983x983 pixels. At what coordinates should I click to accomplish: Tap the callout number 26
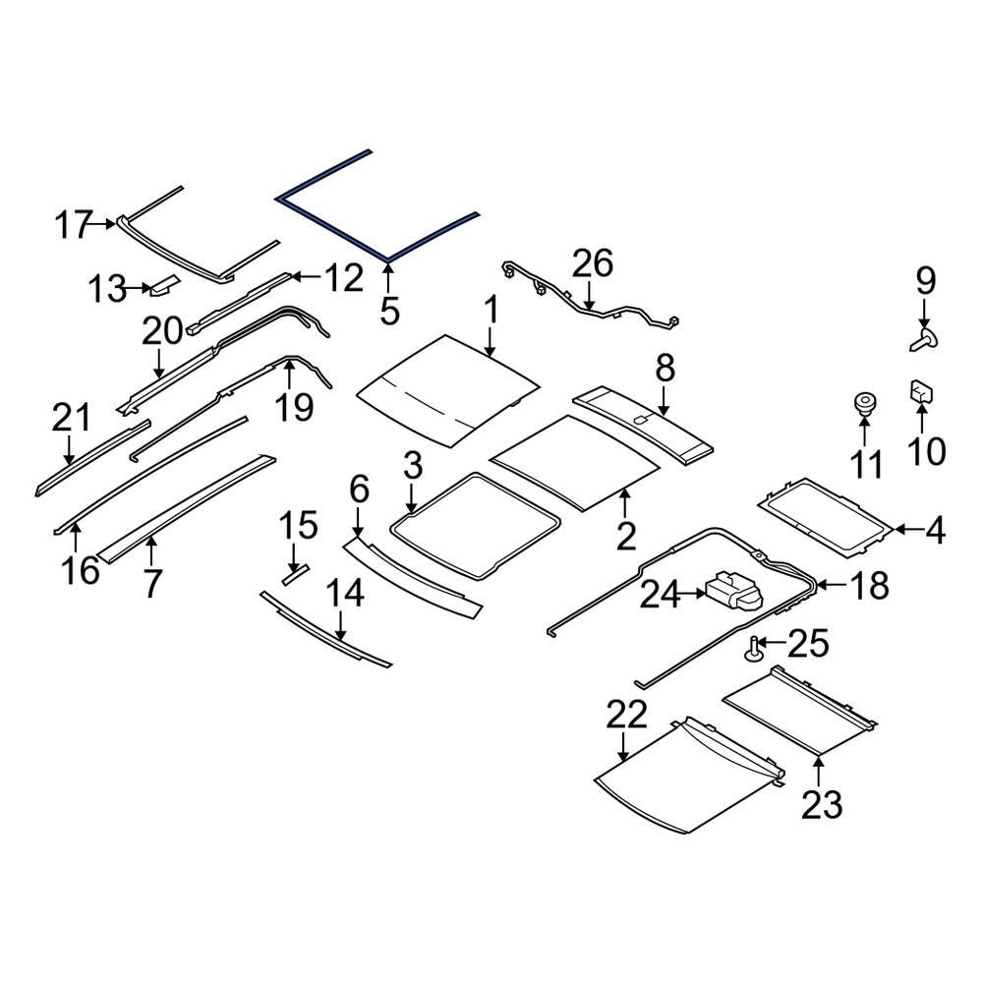pyautogui.click(x=593, y=263)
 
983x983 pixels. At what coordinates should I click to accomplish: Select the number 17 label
pyautogui.click(x=73, y=225)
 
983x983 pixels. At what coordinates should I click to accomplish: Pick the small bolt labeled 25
pyautogui.click(x=754, y=649)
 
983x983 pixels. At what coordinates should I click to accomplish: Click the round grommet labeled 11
pyautogui.click(x=864, y=404)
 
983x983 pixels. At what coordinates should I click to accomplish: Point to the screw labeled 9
pyautogui.click(x=923, y=341)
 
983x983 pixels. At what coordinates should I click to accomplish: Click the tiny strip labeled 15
pyautogui.click(x=295, y=572)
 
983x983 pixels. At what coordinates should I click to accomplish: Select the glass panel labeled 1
pyautogui.click(x=447, y=388)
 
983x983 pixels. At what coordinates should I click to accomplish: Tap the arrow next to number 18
pyautogui.click(x=830, y=586)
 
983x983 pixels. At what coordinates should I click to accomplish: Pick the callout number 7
pyautogui.click(x=152, y=583)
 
